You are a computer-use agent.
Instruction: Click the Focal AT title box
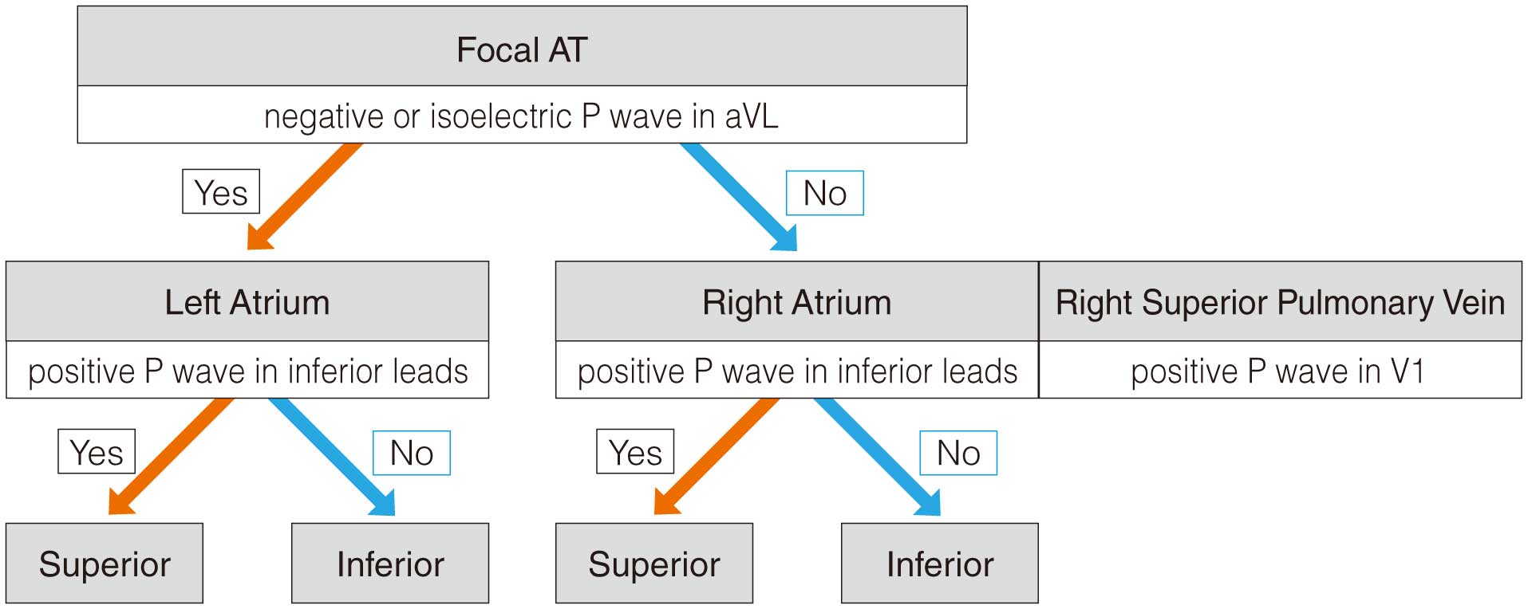coord(522,46)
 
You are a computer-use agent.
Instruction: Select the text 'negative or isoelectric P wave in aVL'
coord(521,116)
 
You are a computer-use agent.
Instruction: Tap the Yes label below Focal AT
coord(221,191)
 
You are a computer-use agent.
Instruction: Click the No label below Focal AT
coord(825,193)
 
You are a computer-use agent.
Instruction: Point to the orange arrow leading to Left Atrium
coord(304,196)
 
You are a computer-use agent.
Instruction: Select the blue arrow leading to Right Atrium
coord(738,196)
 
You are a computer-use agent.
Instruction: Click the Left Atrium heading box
coord(247,301)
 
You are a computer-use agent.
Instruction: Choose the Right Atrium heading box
coord(797,301)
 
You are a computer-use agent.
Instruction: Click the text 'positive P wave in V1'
coord(1277,371)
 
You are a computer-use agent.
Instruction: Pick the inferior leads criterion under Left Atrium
coord(247,370)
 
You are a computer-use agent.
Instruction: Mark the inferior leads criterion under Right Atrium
coord(797,370)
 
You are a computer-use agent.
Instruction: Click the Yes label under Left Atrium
coord(97,452)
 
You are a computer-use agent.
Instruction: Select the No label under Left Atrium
coord(412,453)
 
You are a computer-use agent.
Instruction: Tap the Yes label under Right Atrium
coord(635,452)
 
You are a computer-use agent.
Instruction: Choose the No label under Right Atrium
coord(958,453)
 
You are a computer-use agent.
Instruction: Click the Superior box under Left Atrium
coord(105,563)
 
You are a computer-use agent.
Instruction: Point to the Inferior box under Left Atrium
coord(390,563)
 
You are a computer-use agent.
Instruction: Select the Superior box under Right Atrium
coord(654,563)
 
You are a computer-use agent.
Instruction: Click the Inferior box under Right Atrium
coord(940,563)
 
